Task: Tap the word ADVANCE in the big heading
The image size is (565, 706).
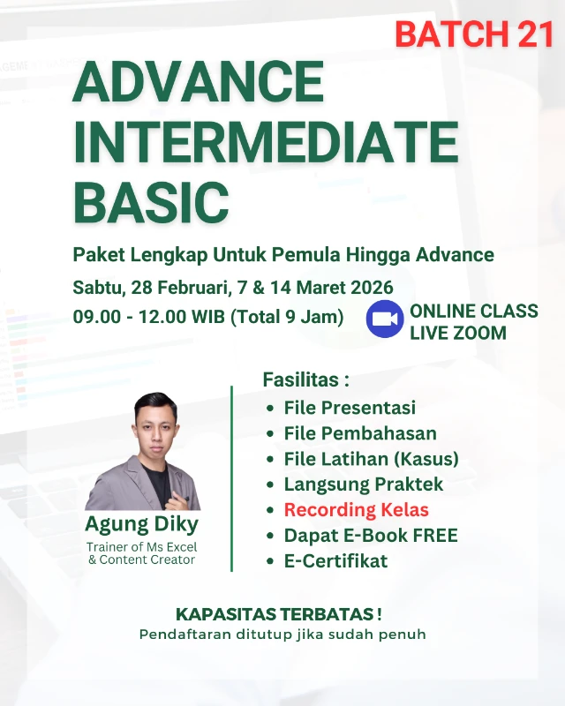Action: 199,83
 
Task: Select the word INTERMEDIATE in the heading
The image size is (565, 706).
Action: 266,141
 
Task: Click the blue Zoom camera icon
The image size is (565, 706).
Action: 384,319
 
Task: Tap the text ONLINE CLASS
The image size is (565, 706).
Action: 473,312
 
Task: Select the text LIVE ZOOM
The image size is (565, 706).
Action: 457,333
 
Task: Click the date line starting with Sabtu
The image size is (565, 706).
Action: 233,288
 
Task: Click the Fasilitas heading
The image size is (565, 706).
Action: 305,380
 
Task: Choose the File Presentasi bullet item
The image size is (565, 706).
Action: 350,409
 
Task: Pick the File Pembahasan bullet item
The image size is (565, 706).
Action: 360,433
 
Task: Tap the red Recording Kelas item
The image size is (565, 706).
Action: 356,510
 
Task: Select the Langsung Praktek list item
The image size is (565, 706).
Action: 364,484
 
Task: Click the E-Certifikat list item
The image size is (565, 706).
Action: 335,561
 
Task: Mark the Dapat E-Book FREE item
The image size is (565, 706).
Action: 371,536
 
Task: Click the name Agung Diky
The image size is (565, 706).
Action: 142,524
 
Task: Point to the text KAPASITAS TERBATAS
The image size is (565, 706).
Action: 279,614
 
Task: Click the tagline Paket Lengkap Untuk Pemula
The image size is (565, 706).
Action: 283,256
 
